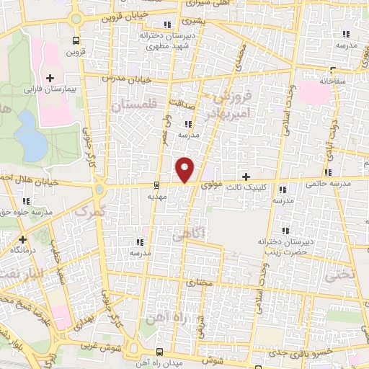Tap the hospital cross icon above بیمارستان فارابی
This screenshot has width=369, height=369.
point(50,78)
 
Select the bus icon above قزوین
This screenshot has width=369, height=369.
point(76,41)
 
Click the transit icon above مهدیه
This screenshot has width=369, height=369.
point(157,184)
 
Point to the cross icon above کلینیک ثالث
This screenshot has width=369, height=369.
point(246,176)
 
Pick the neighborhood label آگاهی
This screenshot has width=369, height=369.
point(190,233)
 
